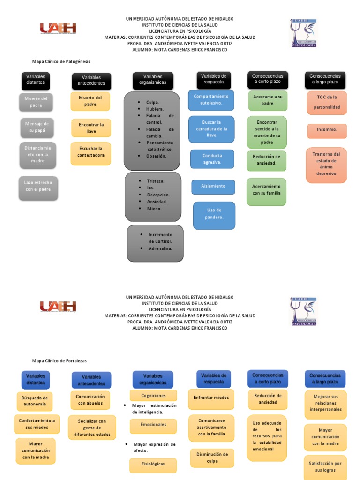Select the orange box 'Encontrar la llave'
(x=91, y=128)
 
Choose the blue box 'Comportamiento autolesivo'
(x=211, y=99)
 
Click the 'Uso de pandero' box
(x=214, y=214)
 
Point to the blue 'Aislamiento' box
(x=213, y=187)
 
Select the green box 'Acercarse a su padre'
(x=267, y=100)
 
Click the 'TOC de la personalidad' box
(x=327, y=103)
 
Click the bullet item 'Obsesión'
(x=156, y=156)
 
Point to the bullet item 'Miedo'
(x=154, y=209)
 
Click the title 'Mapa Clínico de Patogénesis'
(x=61, y=61)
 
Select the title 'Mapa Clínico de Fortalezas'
(x=60, y=361)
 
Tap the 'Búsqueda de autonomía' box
(x=34, y=401)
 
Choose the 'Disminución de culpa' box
(x=212, y=458)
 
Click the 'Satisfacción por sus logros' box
(x=325, y=466)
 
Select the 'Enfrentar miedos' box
(x=211, y=397)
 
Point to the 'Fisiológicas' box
(x=153, y=465)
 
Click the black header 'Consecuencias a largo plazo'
(x=325, y=79)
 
